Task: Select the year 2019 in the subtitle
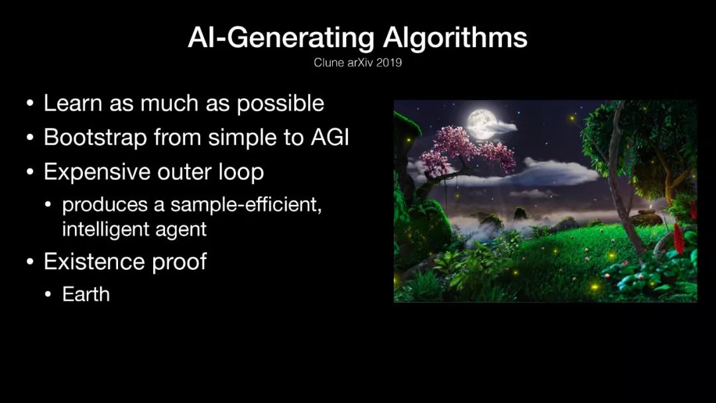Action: coord(389,62)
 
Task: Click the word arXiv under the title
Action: coord(360,62)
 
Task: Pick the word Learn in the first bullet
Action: coord(73,103)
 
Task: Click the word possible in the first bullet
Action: coord(280,104)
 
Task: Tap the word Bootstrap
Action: coord(95,138)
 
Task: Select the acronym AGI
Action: coord(329,137)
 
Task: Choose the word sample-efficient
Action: coord(246,205)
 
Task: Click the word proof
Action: coord(180,262)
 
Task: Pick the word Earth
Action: coord(86,294)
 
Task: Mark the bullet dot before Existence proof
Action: coord(30,262)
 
